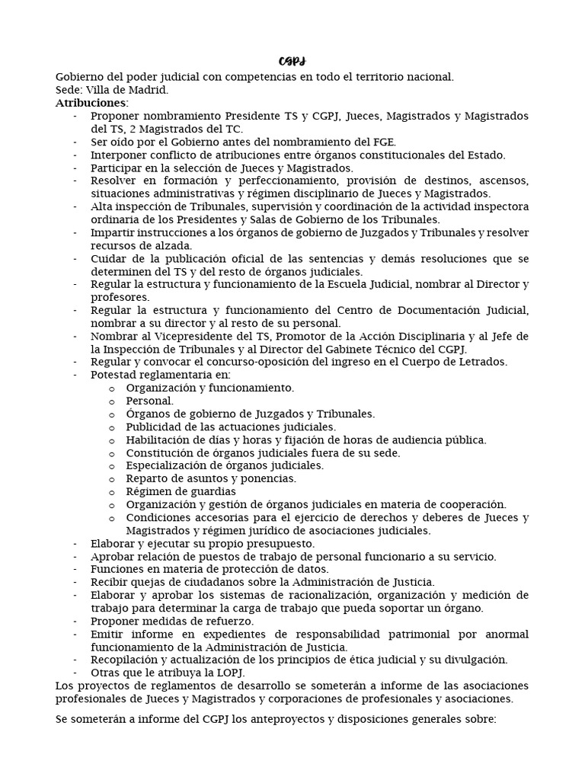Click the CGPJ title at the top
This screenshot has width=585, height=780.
292,61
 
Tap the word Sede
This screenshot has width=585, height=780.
69,89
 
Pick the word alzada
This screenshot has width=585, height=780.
173,245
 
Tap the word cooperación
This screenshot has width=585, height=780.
471,504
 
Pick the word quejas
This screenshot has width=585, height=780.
149,582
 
